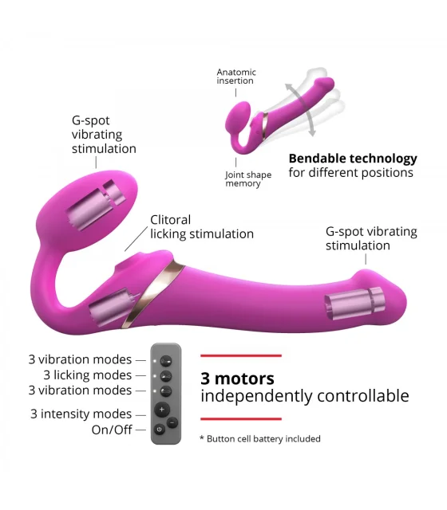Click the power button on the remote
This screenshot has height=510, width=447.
(159, 430)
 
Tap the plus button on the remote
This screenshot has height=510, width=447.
(162, 410)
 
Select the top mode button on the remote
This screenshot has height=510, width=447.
(166, 361)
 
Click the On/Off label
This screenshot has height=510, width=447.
(112, 430)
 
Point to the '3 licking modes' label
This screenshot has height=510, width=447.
(88, 375)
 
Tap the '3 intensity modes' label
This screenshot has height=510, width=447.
(81, 414)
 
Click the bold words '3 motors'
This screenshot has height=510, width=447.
(237, 379)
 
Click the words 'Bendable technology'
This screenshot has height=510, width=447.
(353, 159)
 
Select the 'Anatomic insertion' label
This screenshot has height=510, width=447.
(236, 76)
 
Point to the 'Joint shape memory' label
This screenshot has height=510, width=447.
(248, 179)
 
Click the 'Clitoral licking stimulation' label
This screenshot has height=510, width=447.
(202, 226)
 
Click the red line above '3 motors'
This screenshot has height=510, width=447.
(241, 356)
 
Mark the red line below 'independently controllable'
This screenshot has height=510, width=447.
(241, 419)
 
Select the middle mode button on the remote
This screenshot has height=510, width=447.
(166, 376)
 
